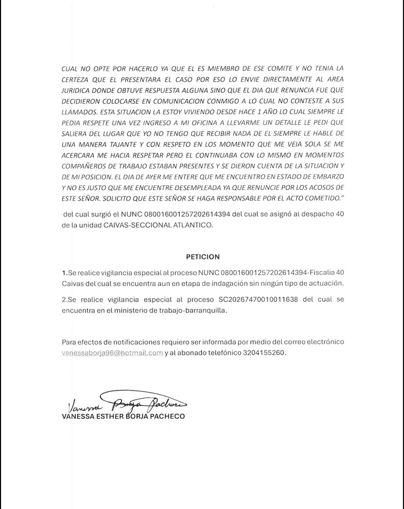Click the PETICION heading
203,257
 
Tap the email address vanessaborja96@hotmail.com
112,353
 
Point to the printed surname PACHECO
167,416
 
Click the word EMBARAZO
326,176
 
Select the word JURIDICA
75,90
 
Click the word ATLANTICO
192,225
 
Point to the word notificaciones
134,342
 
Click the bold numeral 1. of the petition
65,273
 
